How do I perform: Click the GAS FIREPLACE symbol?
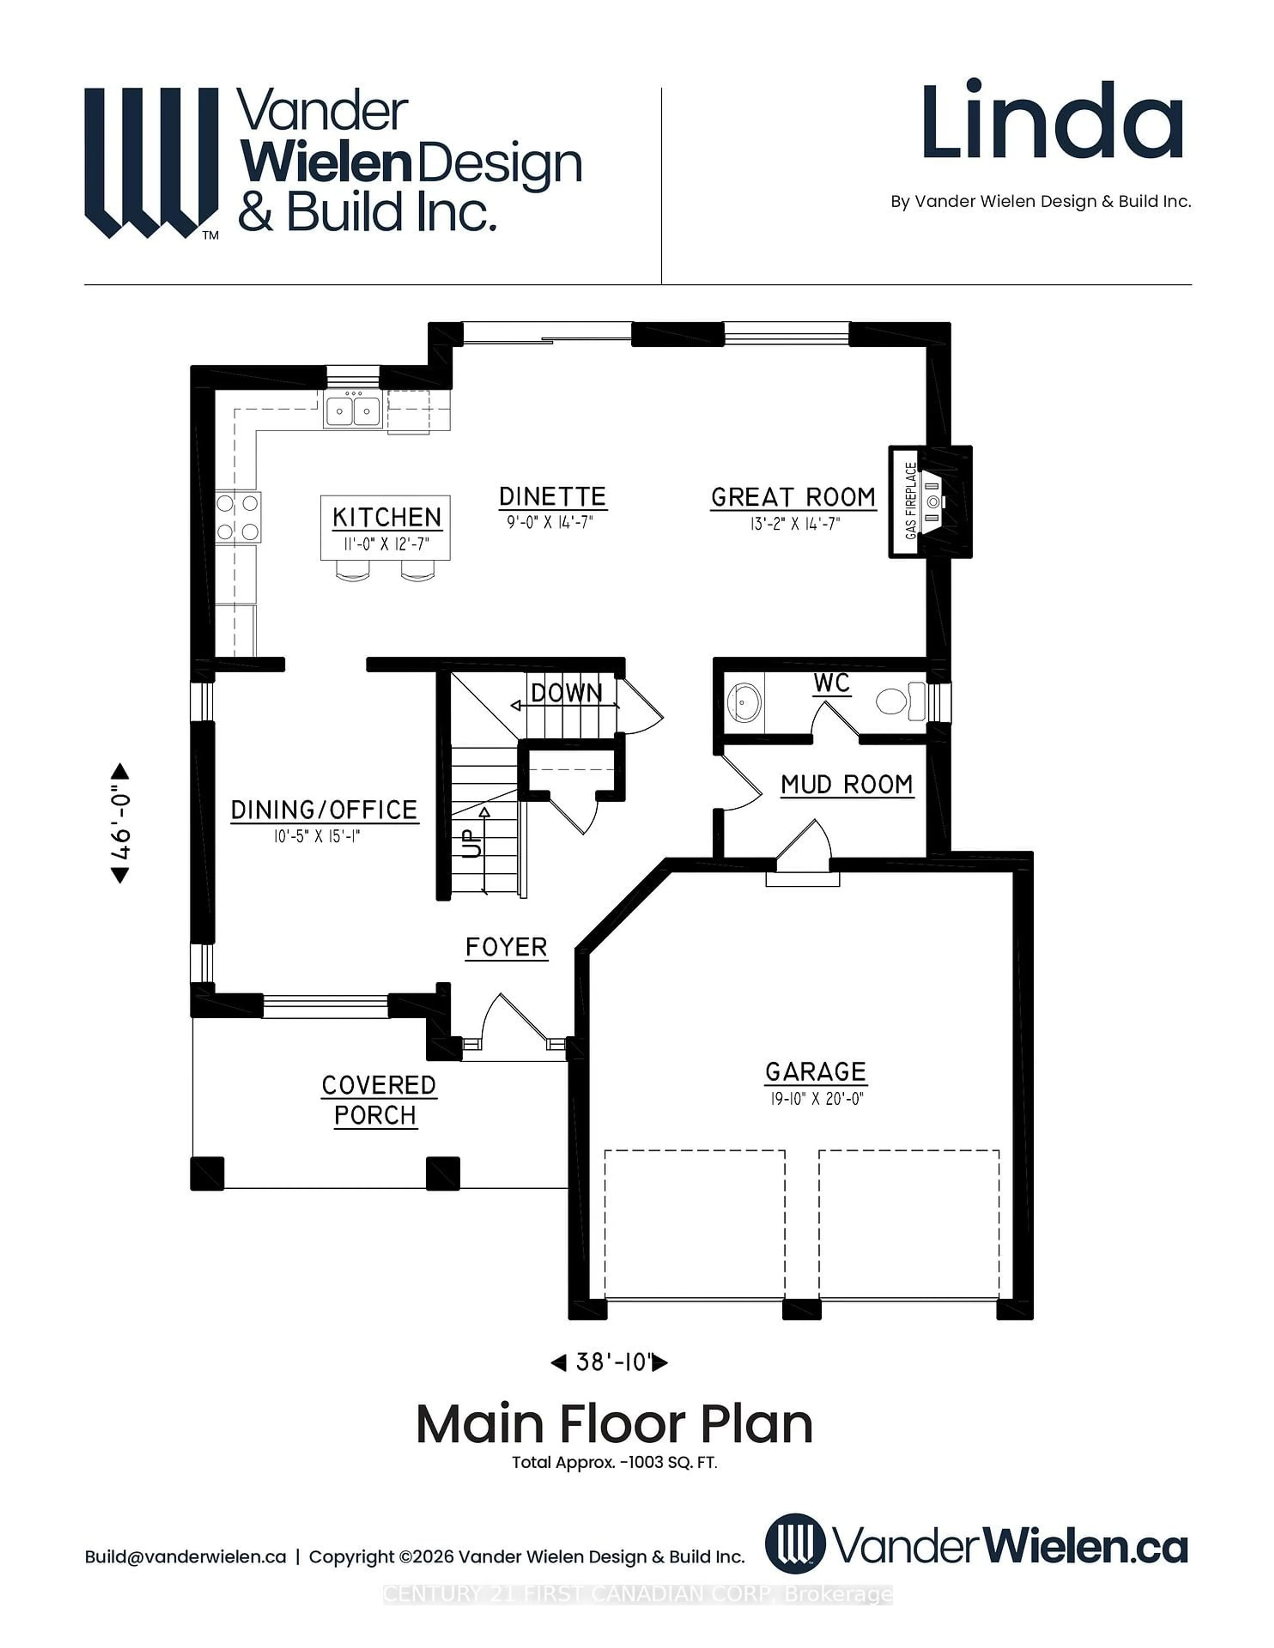(x=930, y=501)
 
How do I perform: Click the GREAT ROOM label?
(x=793, y=497)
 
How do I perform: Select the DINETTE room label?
(x=552, y=497)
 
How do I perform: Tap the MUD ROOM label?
(x=846, y=785)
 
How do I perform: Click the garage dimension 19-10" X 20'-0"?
(x=816, y=1099)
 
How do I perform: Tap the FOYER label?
(x=506, y=947)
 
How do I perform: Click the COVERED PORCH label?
(x=377, y=1100)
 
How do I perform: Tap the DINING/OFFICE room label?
(x=324, y=810)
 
